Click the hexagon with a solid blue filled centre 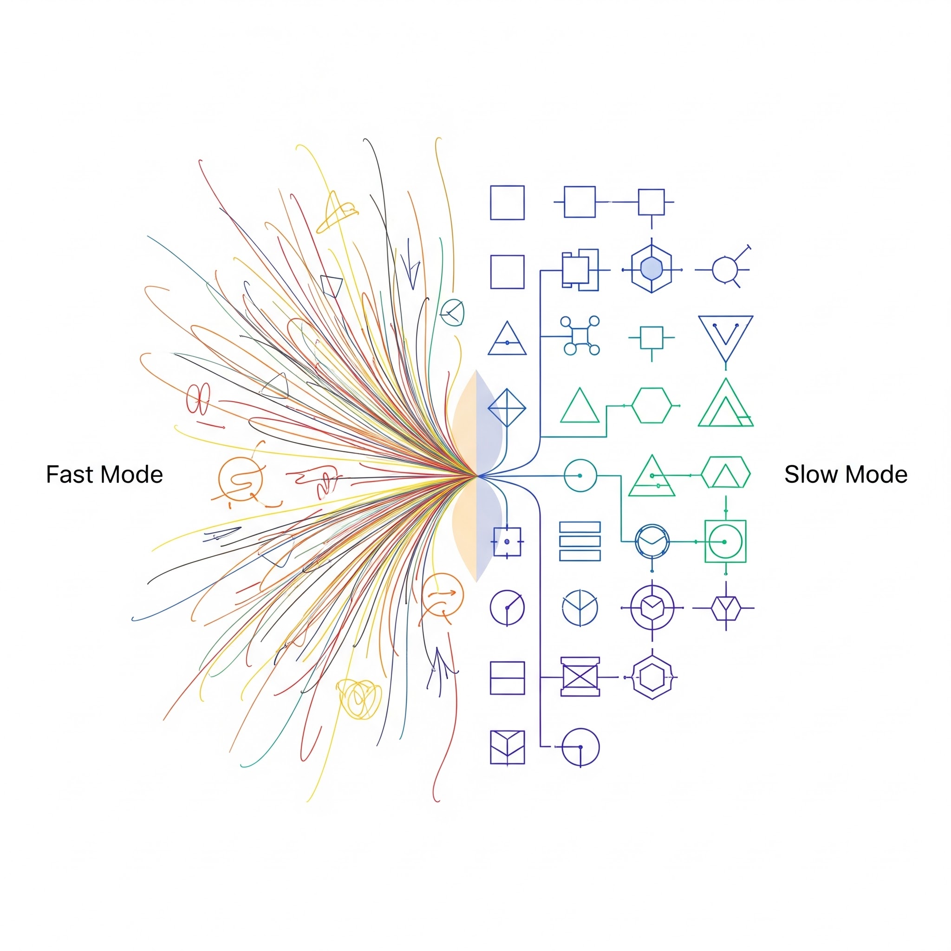point(651,269)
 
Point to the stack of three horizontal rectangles point(580,541)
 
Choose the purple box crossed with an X point(580,677)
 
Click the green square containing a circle point(726,541)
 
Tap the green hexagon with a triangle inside point(726,473)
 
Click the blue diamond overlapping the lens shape point(507,408)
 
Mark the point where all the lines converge point(476,475)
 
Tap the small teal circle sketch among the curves point(452,312)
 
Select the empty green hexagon point(651,405)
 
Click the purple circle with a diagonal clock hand point(507,607)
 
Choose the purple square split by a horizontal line point(508,678)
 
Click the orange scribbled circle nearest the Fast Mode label point(241,479)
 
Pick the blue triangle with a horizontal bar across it point(507,339)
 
